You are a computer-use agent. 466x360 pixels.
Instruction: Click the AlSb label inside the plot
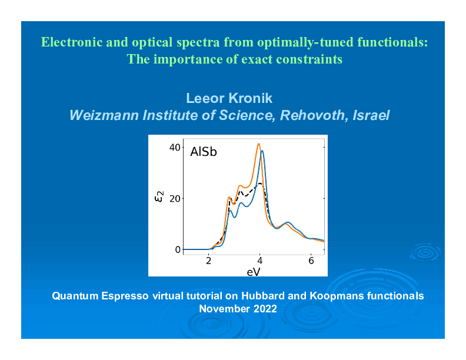[204, 152]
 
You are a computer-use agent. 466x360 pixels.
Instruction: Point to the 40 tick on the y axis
[175, 147]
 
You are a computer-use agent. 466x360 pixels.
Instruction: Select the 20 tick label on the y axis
[175, 198]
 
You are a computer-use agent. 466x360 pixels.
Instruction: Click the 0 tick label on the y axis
[178, 249]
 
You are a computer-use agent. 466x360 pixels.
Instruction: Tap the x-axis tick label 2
[209, 261]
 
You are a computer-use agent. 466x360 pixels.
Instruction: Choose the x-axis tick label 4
[260, 261]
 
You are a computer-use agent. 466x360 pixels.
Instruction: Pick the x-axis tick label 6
[311, 261]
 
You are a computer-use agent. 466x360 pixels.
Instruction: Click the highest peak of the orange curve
[258, 144]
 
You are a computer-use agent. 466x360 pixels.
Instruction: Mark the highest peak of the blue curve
[262, 151]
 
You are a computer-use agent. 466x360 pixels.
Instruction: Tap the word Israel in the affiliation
[371, 115]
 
